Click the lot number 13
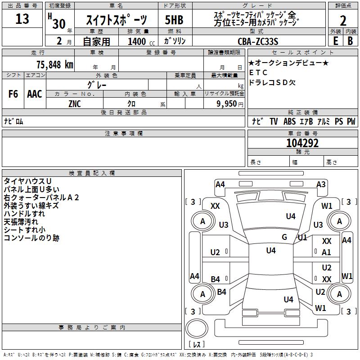(22, 19)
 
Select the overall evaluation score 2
(343, 20)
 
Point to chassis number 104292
(302, 143)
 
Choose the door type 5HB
(174, 20)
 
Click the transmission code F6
(13, 94)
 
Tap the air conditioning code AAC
(34, 94)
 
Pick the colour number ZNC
(75, 104)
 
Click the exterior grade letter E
(335, 41)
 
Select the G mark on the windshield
(284, 237)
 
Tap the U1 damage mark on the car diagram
(302, 237)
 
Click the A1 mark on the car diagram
(327, 252)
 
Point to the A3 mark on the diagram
(321, 184)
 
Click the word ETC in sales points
(258, 72)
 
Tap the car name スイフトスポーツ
(116, 20)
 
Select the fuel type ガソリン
(175, 41)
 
